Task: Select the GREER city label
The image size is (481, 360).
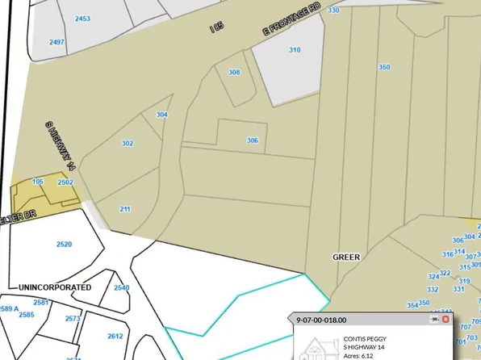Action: coord(346,256)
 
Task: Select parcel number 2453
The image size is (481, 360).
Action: coord(82,17)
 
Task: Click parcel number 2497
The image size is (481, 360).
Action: coord(56,42)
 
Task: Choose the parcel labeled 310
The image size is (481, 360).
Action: coord(295,50)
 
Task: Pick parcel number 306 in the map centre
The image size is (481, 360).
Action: coord(253,140)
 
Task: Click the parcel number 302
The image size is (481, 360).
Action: coord(127,143)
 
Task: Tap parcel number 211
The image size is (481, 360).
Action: coord(125,209)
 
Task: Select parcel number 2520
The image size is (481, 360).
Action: coord(65,244)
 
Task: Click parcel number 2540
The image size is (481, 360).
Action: coord(121,287)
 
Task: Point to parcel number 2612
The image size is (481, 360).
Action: coord(115,336)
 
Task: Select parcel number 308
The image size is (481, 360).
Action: coord(234,73)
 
